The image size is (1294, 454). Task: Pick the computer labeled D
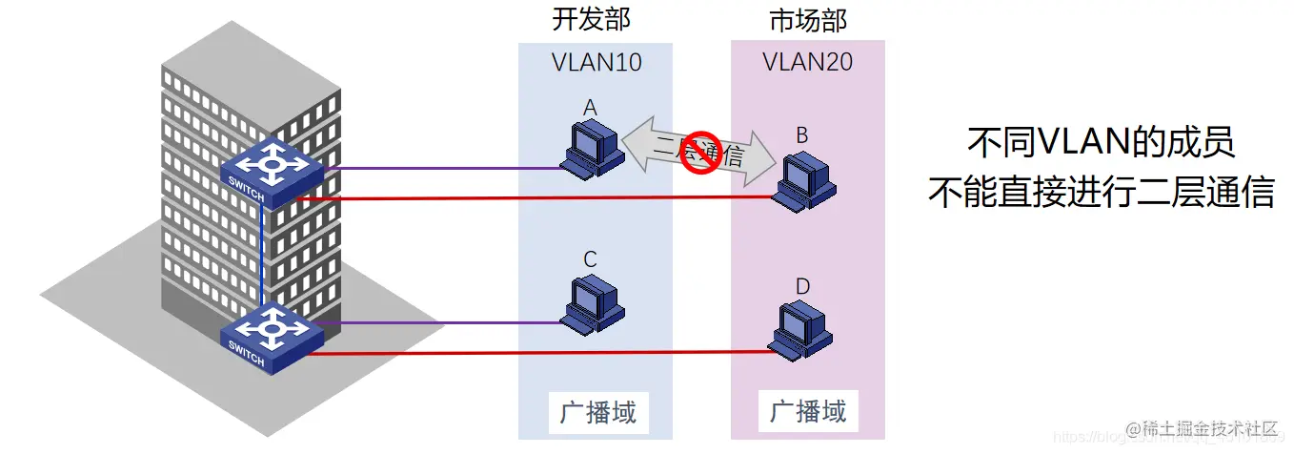pyautogui.click(x=804, y=330)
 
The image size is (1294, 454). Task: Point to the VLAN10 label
pyautogui.click(x=596, y=63)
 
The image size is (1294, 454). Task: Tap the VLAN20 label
pyautogui.click(x=808, y=63)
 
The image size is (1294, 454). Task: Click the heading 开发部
pyautogui.click(x=591, y=20)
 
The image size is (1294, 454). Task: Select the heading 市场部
pyautogui.click(x=808, y=20)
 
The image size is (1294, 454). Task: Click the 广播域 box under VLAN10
pyautogui.click(x=597, y=413)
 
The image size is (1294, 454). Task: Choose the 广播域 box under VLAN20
pyautogui.click(x=808, y=411)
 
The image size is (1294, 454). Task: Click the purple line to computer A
pyautogui.click(x=438, y=169)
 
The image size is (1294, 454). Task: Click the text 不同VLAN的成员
pyautogui.click(x=1101, y=144)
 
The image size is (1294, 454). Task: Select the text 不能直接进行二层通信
pyautogui.click(x=1101, y=193)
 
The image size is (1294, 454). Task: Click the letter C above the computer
pyautogui.click(x=590, y=258)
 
